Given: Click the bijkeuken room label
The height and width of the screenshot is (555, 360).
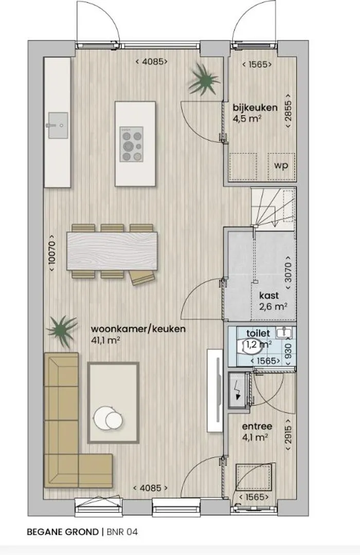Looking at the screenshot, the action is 255,107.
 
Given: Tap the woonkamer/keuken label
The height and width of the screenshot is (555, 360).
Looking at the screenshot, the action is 138,329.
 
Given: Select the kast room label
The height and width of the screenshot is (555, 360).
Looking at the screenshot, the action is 269,295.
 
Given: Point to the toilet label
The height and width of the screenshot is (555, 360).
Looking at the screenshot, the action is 258,333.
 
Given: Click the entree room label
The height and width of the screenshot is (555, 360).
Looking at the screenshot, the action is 257,427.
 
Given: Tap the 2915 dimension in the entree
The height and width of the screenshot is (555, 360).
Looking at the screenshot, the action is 289,435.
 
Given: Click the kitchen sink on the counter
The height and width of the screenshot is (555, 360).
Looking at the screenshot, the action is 57,125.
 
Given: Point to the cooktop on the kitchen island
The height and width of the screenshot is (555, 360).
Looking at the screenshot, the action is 132,144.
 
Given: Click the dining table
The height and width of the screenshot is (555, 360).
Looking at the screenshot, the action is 112,251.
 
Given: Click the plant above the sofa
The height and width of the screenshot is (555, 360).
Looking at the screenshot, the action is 62,331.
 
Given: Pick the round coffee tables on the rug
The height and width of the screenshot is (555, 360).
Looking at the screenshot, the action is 109,418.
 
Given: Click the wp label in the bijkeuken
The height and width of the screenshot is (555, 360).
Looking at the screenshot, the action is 281,165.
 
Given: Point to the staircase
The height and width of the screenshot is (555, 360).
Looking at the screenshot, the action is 273,208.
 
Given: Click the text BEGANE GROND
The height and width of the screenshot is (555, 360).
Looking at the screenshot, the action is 63,532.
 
